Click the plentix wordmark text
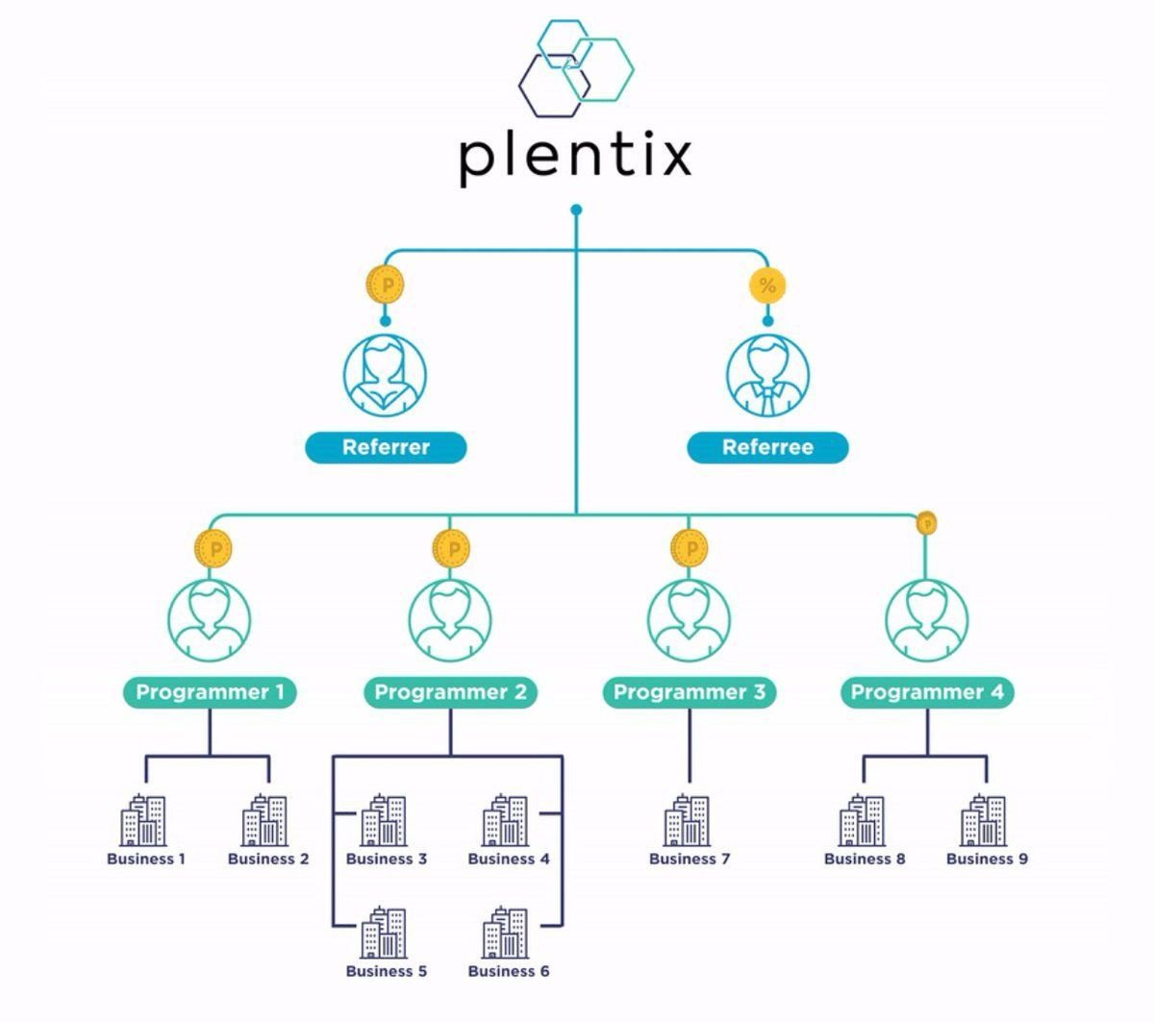(x=575, y=156)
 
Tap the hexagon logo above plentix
(x=575, y=63)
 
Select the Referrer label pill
(x=386, y=447)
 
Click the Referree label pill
(x=767, y=447)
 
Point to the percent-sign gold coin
(x=767, y=285)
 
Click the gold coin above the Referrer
(x=386, y=285)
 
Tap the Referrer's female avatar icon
(x=386, y=375)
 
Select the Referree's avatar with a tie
(x=767, y=375)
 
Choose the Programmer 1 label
(x=210, y=692)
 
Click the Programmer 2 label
(x=450, y=692)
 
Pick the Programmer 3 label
(x=689, y=692)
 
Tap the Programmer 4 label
(x=927, y=692)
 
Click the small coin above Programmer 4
(x=926, y=523)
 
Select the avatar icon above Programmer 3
(x=689, y=620)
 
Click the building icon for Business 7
(x=688, y=821)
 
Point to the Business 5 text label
(x=387, y=971)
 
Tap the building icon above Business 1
(x=144, y=821)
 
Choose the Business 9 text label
(x=987, y=859)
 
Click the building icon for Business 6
(x=506, y=933)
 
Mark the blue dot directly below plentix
(x=576, y=210)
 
